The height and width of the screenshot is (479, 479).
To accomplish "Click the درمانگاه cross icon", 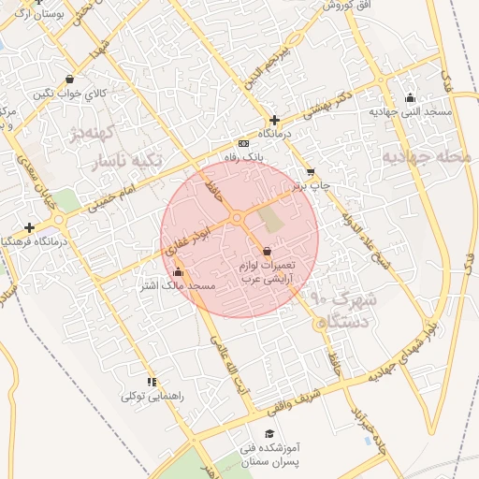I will coord(274,120).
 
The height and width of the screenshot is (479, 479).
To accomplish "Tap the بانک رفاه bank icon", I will coord(244,143).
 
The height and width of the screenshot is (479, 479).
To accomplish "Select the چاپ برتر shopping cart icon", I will coord(311,172).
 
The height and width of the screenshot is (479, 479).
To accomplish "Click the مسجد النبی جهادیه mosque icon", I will coord(410,97).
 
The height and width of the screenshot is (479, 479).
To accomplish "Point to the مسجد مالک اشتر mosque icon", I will coord(178,272).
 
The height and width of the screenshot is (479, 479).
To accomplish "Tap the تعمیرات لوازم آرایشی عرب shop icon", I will coord(268,251).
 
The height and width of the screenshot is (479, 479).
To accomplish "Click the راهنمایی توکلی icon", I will coord(152,382).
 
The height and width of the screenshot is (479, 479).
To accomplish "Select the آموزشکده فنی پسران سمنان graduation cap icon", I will coord(269,434).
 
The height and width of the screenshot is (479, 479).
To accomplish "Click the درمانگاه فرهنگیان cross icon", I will coord(30,227).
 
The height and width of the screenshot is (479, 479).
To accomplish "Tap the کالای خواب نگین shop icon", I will coord(71,80).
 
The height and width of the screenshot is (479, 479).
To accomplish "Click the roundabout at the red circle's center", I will coord(239,218).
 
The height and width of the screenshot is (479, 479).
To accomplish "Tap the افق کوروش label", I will coord(344,6).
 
